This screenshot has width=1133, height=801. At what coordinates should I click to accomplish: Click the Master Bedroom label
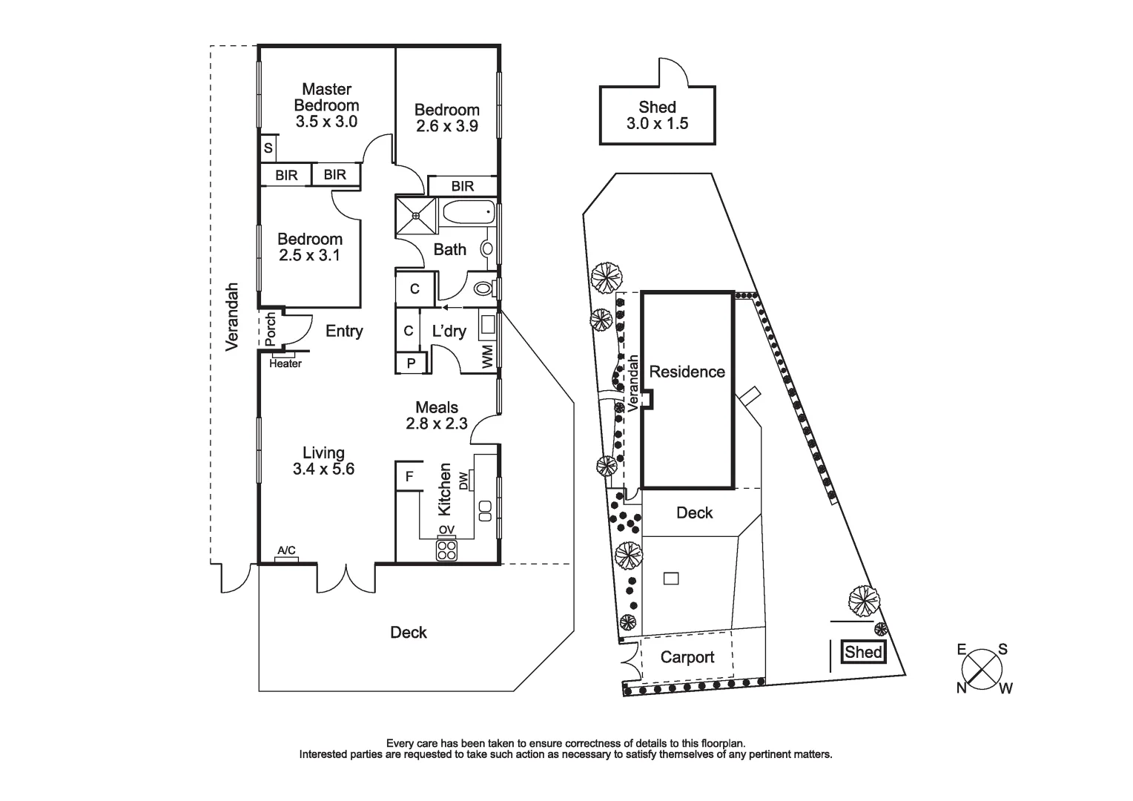(326, 97)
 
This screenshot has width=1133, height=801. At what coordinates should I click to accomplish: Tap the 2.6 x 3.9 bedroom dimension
(446, 127)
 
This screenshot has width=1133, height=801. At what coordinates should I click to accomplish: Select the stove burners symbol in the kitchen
(447, 550)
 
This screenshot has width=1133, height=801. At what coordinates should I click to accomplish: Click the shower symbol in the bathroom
(416, 216)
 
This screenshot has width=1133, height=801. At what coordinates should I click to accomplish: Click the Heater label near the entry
(285, 363)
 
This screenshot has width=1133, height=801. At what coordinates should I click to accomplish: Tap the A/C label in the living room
(286, 550)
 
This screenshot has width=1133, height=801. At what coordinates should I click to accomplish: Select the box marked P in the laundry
(412, 363)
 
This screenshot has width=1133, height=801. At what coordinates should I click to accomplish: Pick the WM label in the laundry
(487, 359)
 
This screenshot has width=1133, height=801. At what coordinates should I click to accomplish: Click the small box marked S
(268, 148)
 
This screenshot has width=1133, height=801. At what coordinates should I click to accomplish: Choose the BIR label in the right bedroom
(463, 186)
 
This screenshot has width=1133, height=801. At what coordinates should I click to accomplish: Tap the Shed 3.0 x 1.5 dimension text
(657, 124)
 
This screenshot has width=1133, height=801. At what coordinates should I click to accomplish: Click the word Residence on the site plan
(687, 372)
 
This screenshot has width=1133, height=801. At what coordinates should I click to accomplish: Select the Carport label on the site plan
(687, 657)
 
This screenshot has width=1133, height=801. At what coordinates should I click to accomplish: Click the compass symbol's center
(983, 669)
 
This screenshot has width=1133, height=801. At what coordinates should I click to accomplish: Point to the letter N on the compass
(962, 688)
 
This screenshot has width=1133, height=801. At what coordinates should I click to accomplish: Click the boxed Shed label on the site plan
(864, 652)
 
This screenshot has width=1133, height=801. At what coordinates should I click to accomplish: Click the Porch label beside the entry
(271, 329)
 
